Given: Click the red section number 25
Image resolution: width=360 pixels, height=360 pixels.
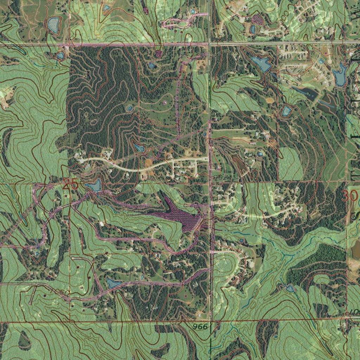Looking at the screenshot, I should [71, 184].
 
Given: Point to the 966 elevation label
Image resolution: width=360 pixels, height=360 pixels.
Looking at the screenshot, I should [200, 327].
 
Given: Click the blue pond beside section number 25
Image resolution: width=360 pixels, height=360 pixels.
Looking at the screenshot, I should [94, 186].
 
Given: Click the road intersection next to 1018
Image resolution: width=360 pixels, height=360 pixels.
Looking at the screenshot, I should [210, 44].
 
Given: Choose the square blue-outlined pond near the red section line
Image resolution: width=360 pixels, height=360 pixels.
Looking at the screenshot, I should [287, 111].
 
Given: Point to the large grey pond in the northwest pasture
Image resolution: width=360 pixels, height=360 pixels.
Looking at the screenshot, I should [53, 25].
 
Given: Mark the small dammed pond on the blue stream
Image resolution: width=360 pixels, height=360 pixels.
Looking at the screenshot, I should [290, 289].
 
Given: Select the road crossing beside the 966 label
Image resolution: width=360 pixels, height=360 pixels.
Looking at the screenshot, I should [211, 321].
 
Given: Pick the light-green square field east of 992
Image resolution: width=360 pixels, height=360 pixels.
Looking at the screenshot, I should [290, 163].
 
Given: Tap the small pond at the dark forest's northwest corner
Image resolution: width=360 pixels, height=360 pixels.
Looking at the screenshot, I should [60, 56].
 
